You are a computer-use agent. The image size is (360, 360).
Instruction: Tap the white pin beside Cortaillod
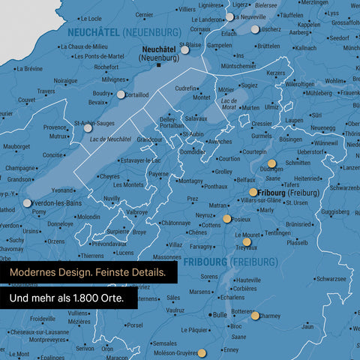(121, 94)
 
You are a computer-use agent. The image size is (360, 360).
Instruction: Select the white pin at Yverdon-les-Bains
(28, 202)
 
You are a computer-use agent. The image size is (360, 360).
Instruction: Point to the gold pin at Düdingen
(271, 162)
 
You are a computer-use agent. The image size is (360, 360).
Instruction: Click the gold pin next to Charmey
(256, 316)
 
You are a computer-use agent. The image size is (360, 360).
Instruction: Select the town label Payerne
(158, 174)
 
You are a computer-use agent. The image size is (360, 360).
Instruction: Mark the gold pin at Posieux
(227, 219)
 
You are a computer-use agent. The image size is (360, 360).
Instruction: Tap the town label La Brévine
(29, 68)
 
